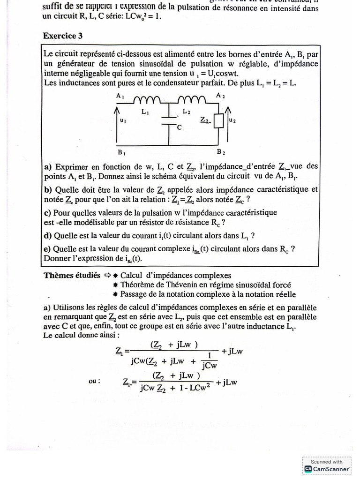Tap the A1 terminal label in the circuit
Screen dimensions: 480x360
tap(120, 96)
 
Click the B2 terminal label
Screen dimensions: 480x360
tap(221, 153)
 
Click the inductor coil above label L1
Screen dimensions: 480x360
tap(148, 100)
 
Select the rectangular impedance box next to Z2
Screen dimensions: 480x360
tap(218, 121)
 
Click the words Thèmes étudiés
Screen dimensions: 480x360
tap(71, 276)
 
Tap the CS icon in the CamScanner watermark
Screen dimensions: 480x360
tap(308, 468)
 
